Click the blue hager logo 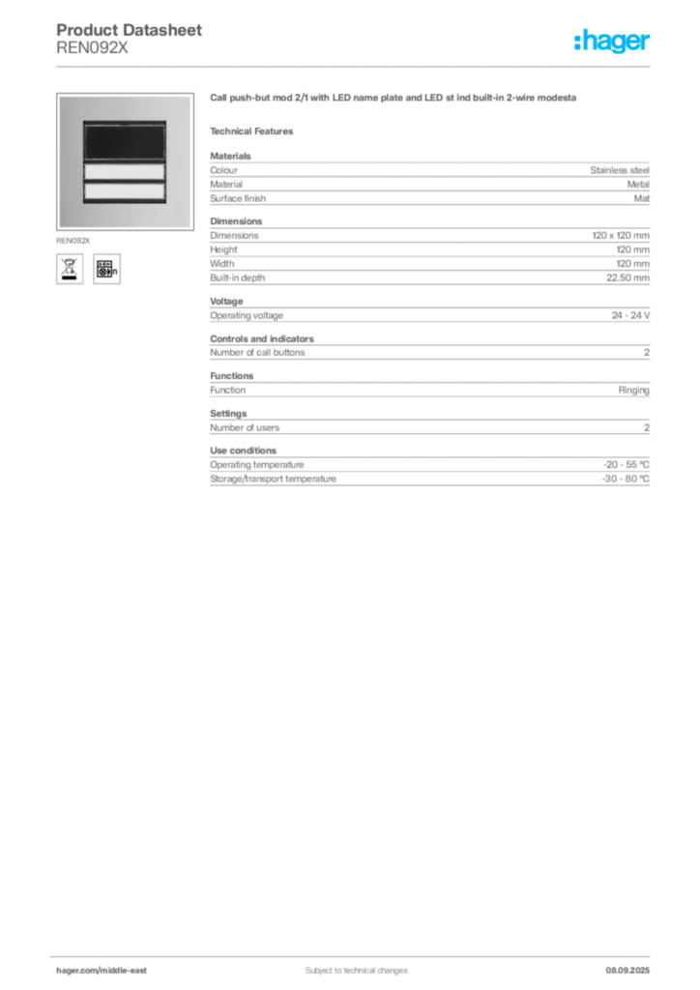pyautogui.click(x=613, y=44)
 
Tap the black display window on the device pyautogui.click(x=124, y=143)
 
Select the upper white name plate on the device pyautogui.click(x=124, y=172)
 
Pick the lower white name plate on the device pyautogui.click(x=124, y=191)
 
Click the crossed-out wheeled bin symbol pyautogui.click(x=69, y=268)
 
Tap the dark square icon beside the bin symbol pyautogui.click(x=109, y=268)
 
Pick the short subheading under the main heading pyautogui.click(x=254, y=131)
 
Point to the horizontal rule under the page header pyautogui.click(x=356, y=66)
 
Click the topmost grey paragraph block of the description pyautogui.click(x=428, y=179)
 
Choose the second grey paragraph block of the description pyautogui.click(x=428, y=253)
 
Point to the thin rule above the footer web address pyautogui.click(x=356, y=954)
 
